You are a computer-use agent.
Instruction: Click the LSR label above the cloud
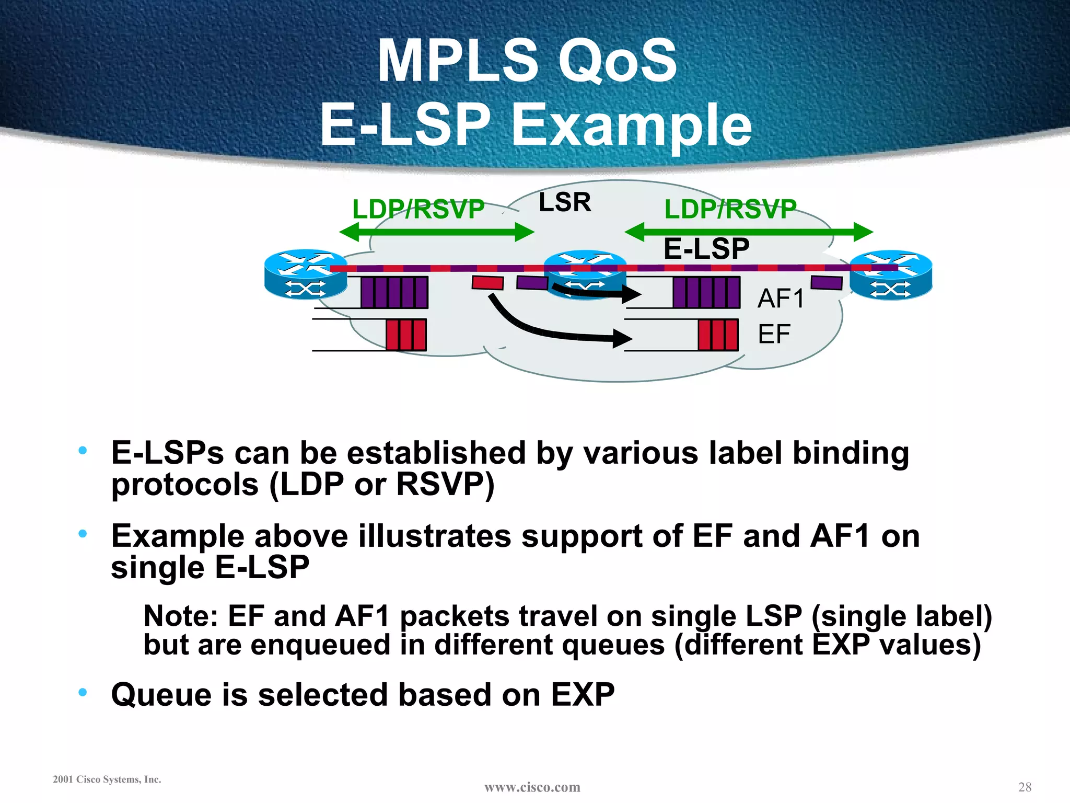[565, 202]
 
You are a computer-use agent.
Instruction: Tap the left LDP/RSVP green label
[418, 210]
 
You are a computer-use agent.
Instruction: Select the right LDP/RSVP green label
[730, 210]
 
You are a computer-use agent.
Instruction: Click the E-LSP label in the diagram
[706, 249]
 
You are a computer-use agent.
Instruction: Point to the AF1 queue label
[781, 299]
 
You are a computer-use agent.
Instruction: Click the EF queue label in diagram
[774, 334]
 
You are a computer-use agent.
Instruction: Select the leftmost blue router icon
[306, 274]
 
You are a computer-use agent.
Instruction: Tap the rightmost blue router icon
[891, 274]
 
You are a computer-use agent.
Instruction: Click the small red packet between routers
[487, 283]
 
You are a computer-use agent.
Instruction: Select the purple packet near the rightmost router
[826, 283]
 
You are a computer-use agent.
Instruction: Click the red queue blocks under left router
[406, 335]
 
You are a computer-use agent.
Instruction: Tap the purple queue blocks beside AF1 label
[706, 292]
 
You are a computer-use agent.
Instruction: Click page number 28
[1025, 787]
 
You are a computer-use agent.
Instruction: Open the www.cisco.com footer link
[532, 787]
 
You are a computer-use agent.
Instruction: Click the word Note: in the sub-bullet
[180, 616]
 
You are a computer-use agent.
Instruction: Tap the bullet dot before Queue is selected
[83, 693]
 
